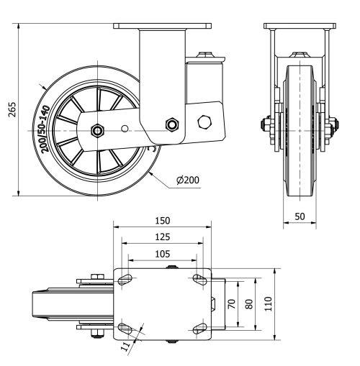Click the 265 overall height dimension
[x=10, y=110]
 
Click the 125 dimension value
[x=161, y=237]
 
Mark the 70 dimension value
[x=232, y=303]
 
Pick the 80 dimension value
[x=249, y=303]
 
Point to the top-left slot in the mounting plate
[x=125, y=278]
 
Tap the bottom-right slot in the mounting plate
[x=199, y=329]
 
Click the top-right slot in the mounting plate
[x=199, y=278]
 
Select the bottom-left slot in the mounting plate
[x=125, y=329]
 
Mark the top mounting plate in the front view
[x=298, y=27]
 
